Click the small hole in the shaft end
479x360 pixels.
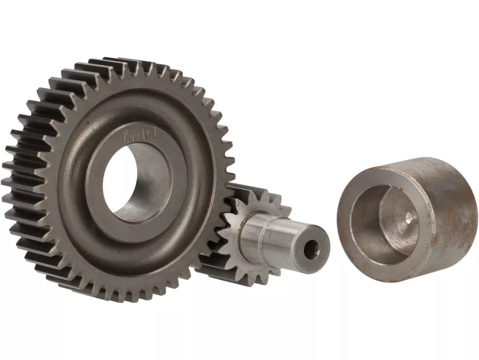311,251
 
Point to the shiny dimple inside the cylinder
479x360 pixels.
409,217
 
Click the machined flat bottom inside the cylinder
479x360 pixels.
399,224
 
